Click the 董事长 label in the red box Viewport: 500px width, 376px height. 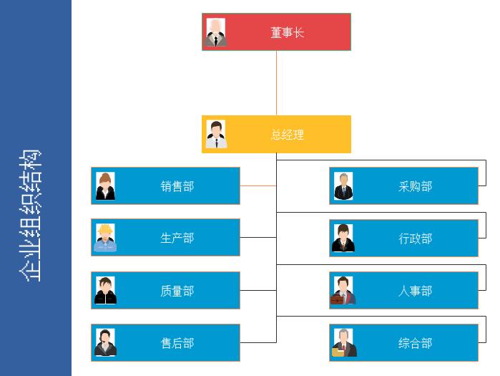pos(287,32)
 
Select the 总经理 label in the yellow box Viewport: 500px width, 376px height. pos(287,135)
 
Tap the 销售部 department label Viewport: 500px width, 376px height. pos(177,186)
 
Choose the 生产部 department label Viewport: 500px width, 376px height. pos(177,238)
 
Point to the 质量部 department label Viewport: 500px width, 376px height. pos(177,291)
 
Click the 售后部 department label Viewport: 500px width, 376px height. pos(177,343)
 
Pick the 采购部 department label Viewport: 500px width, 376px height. pos(415,186)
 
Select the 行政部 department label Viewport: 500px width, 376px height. pos(415,238)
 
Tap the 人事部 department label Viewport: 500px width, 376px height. pos(415,291)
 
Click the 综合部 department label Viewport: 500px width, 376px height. pos(415,343)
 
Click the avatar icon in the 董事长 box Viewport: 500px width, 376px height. pos(216,32)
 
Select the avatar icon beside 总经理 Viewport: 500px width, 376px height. pos(216,135)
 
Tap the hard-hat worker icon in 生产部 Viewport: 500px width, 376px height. pos(105,238)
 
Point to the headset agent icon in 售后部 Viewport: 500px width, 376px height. pos(105,343)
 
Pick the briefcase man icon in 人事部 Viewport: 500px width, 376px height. pos(343,291)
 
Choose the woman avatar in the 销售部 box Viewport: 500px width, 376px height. pos(105,186)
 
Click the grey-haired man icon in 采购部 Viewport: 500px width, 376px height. pos(343,186)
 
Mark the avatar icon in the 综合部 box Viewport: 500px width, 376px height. pos(343,343)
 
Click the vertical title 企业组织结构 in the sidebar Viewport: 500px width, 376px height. pos(29,215)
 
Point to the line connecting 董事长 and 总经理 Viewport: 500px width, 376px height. pos(276,82)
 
